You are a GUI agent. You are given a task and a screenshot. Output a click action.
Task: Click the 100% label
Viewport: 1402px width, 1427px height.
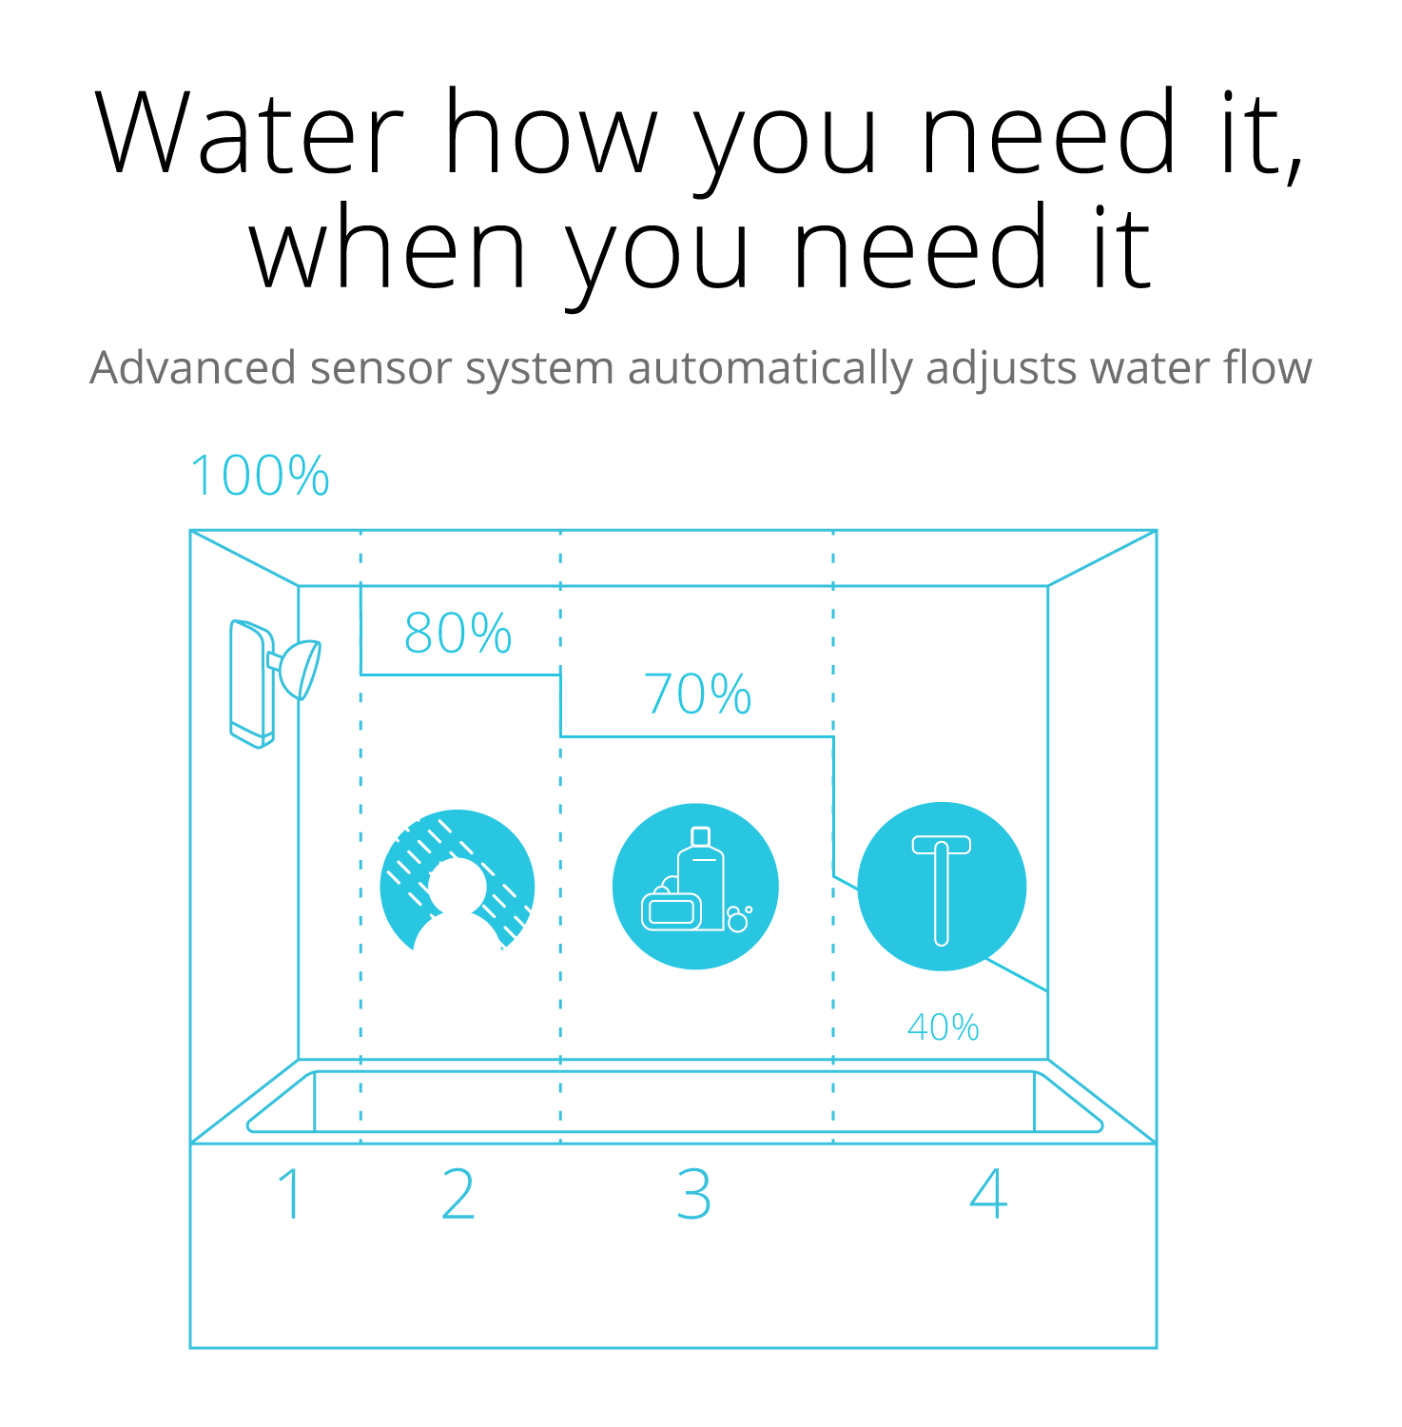pyautogui.click(x=260, y=476)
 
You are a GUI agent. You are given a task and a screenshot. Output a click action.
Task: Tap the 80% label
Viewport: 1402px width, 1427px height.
pyautogui.click(x=458, y=634)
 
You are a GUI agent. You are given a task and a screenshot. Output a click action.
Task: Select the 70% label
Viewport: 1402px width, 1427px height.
pyautogui.click(x=697, y=694)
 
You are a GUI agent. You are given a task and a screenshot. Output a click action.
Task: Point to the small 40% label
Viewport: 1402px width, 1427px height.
pyautogui.click(x=943, y=1027)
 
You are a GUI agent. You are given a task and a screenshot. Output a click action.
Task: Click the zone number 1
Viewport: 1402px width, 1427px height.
pyautogui.click(x=290, y=1194)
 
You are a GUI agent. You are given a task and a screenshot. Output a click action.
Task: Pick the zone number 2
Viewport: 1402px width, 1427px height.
pyautogui.click(x=458, y=1194)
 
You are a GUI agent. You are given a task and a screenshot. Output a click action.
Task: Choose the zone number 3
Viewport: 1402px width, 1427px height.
pyautogui.click(x=694, y=1194)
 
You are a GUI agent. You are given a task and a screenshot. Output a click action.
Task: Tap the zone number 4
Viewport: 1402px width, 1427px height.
pyautogui.click(x=988, y=1194)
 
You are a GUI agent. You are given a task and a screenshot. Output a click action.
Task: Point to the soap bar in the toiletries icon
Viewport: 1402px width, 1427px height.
pyautogui.click(x=672, y=910)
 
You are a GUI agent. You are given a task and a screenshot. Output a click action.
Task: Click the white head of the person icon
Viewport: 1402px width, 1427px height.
pyautogui.click(x=458, y=885)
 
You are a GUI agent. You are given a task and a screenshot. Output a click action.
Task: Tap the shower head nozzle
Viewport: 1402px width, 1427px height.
pyautogui.click(x=302, y=668)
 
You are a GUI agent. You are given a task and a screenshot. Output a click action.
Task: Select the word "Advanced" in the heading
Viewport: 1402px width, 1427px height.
pyautogui.click(x=193, y=368)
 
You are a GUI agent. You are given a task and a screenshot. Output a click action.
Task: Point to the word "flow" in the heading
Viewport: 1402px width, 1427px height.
pyautogui.click(x=1268, y=368)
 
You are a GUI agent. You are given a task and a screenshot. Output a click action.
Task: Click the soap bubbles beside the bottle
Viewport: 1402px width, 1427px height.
pyautogui.click(x=738, y=920)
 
